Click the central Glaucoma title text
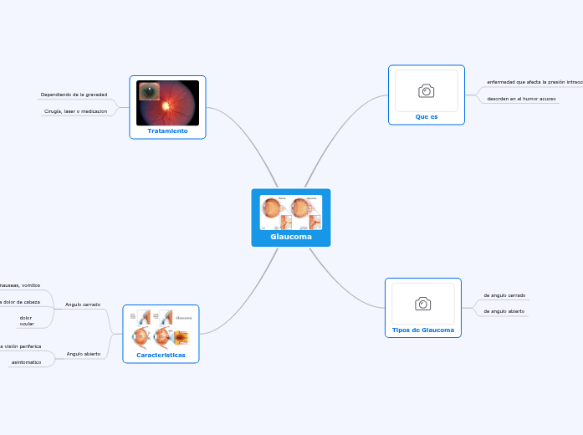(291, 237)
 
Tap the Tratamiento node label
(167, 131)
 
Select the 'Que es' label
(427, 116)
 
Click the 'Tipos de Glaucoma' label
(423, 330)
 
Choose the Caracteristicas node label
(161, 355)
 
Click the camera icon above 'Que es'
(427, 90)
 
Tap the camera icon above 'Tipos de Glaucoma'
(423, 304)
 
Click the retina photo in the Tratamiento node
(167, 102)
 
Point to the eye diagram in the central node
(291, 212)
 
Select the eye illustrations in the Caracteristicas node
(161, 327)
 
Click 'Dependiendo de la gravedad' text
(74, 95)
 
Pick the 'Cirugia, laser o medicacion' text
(76, 110)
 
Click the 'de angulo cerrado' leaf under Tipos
(504, 295)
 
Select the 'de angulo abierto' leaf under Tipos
(504, 311)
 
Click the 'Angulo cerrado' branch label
(83, 304)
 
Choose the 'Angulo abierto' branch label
(83, 354)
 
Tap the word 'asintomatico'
(26, 362)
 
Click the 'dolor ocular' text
(27, 320)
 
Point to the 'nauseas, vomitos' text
(20, 285)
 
